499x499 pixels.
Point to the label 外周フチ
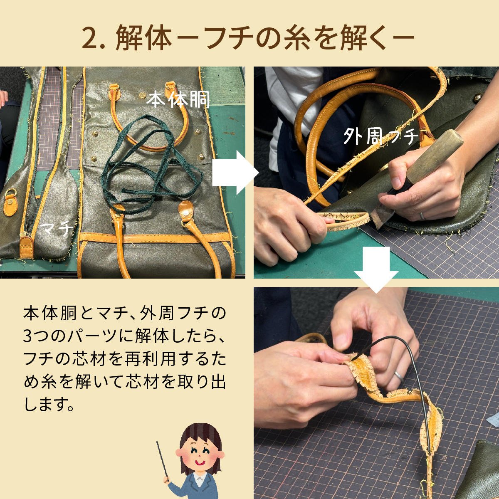pos(380,136)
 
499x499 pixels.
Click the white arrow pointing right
pos(235,173)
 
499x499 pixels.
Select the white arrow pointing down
pos(376,269)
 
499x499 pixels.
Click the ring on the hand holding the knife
pos(422,215)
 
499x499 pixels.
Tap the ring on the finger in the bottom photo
pos(399,376)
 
